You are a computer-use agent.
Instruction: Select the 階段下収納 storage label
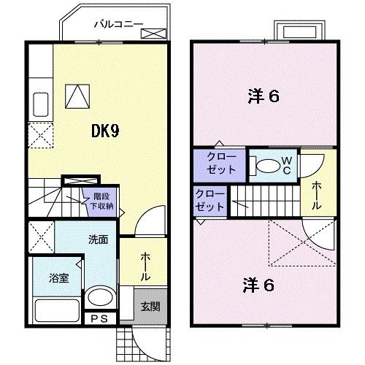pyautogui.click(x=101, y=201)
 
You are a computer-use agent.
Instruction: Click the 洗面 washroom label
pyautogui.click(x=98, y=239)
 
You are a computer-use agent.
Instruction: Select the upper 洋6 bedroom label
pyautogui.click(x=264, y=96)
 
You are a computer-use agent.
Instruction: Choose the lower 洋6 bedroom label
pyautogui.click(x=259, y=285)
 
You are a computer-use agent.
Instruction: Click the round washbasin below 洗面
pyautogui.click(x=99, y=299)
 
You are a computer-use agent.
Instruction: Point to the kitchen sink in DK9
pyautogui.click(x=40, y=105)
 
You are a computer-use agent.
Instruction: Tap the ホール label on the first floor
pyautogui.click(x=145, y=267)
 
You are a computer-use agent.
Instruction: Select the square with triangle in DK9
pyautogui.click(x=77, y=95)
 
